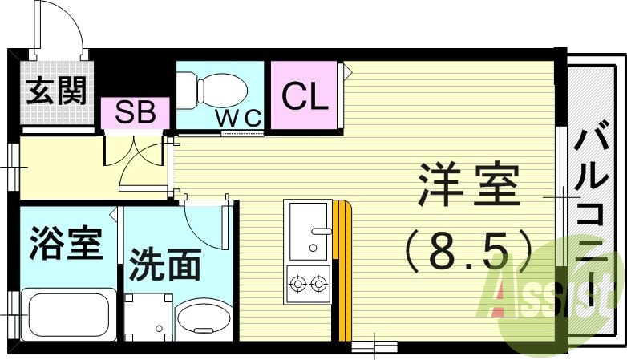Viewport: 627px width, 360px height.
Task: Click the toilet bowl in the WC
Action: click(216, 87)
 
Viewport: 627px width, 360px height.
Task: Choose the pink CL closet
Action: click(305, 97)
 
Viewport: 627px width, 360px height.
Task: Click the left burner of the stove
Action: click(297, 282)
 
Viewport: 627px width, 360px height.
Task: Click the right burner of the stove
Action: click(319, 282)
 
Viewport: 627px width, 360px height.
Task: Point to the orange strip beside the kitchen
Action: click(343, 269)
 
